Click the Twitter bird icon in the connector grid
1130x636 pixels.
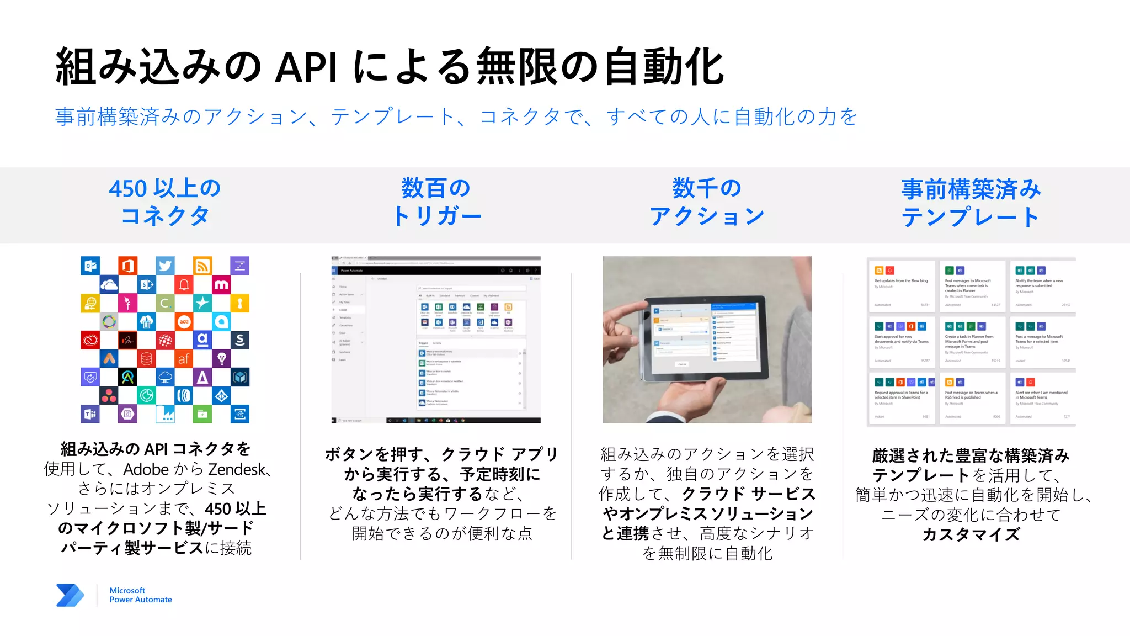(x=165, y=266)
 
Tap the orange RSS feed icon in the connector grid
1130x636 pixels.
(x=202, y=266)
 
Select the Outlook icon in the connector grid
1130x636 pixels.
(x=90, y=266)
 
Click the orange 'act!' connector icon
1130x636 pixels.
(x=184, y=321)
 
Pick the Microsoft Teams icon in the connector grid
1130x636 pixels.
(x=90, y=414)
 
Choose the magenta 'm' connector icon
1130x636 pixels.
(x=221, y=284)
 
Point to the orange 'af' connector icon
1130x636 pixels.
(x=184, y=359)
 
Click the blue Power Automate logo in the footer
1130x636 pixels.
(x=70, y=595)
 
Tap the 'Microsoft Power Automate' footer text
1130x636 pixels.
(x=140, y=595)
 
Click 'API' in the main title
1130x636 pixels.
(x=306, y=68)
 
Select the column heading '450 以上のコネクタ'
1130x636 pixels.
(x=165, y=202)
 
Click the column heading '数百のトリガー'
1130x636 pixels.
(x=436, y=202)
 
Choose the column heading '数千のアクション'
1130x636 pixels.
(x=707, y=202)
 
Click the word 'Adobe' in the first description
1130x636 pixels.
(x=146, y=469)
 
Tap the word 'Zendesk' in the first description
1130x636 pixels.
(x=237, y=469)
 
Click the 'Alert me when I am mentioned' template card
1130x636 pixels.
(x=1043, y=398)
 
